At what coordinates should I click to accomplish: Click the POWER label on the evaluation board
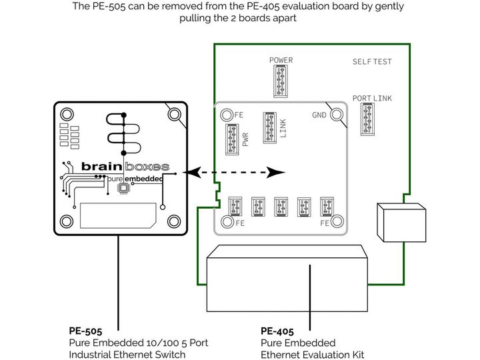pos(281,60)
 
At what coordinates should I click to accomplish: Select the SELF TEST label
pos(372,61)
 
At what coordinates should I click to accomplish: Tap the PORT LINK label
pos(372,98)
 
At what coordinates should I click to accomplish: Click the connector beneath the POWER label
pos(281,81)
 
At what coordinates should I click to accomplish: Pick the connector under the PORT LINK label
pos(367,119)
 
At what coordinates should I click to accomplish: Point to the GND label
pos(319,115)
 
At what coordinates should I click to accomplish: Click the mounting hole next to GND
pos(337,115)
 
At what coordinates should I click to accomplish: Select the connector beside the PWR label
pos(232,139)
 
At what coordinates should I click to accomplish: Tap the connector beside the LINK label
pos(270,127)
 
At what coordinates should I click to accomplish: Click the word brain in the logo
pos(102,166)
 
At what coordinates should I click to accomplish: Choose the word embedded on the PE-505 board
pos(143,179)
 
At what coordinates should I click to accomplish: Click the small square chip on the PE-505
pos(123,188)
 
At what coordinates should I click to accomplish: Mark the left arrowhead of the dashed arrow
pos(192,173)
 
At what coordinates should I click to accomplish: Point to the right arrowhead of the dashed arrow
pos(275,173)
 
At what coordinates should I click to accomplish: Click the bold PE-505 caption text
pos(85,331)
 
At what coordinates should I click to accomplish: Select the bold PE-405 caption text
pos(277,331)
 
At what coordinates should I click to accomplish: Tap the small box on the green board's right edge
pos(401,222)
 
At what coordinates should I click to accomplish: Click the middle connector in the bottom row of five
pos(281,207)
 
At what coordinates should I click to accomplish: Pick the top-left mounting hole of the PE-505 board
pos(67,115)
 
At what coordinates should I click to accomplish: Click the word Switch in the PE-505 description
pos(170,355)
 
